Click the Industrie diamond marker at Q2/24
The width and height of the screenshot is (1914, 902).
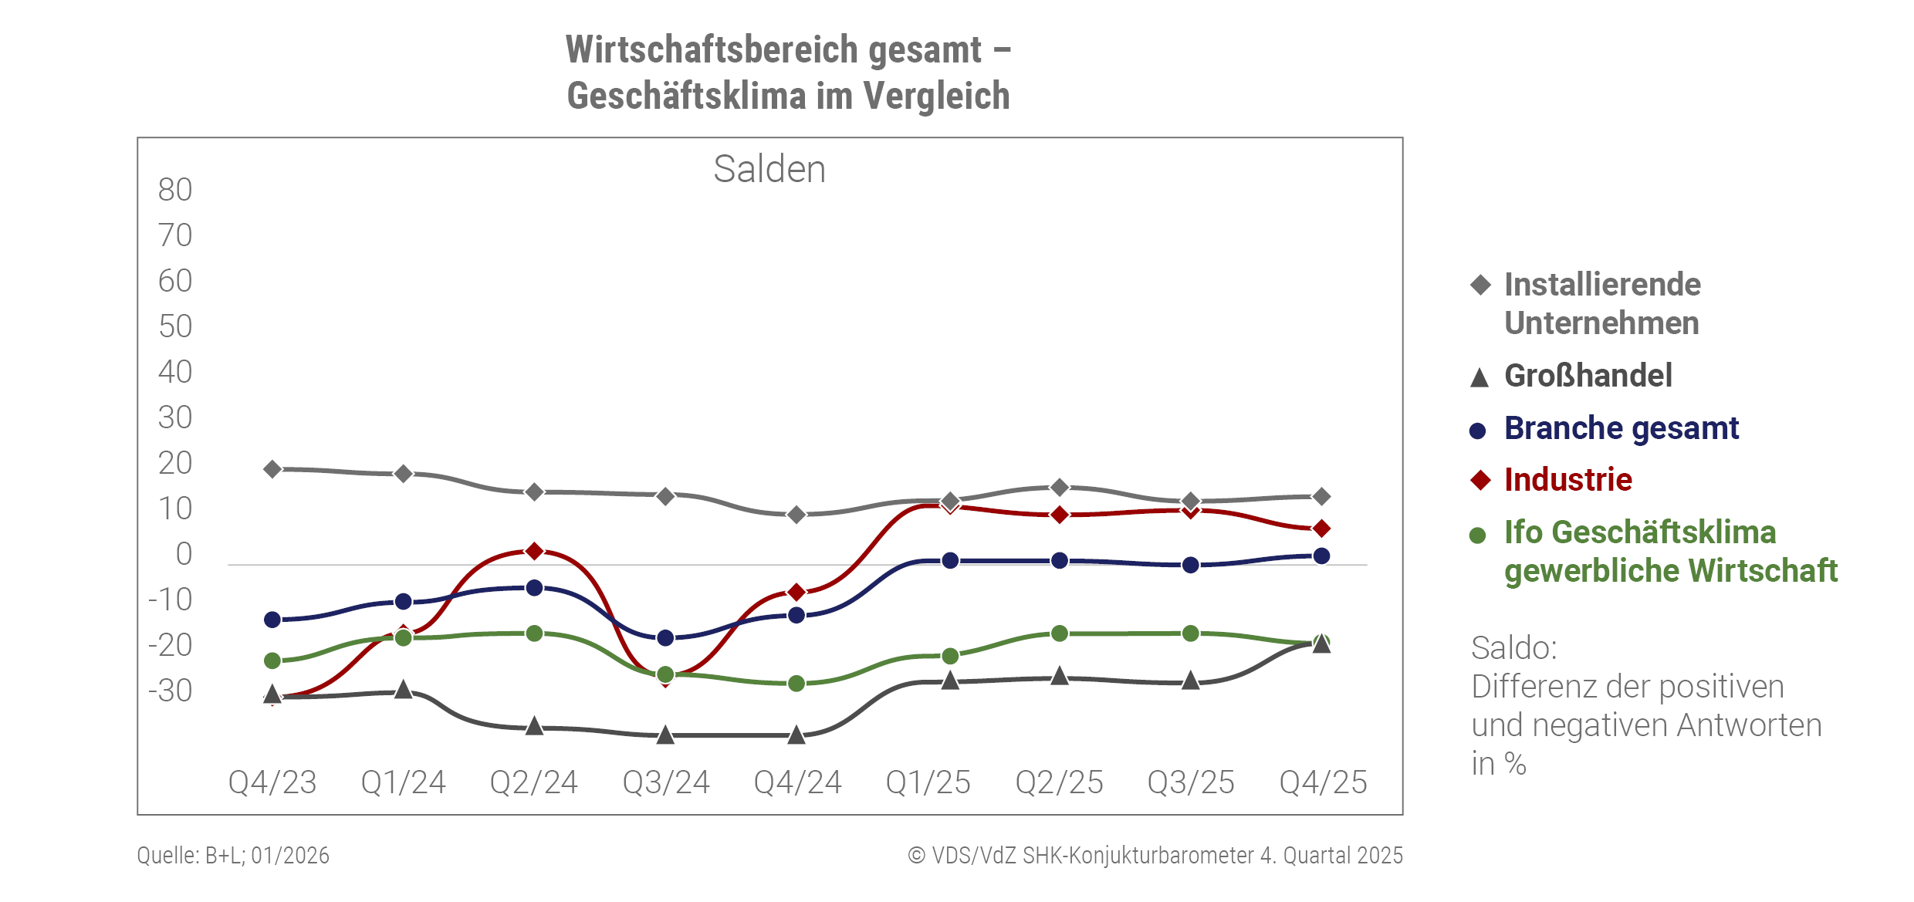coord(534,551)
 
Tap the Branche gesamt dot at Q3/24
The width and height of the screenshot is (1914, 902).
coord(665,638)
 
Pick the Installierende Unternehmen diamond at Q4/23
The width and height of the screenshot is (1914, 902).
coord(272,469)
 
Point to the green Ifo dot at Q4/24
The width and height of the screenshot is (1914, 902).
coord(796,684)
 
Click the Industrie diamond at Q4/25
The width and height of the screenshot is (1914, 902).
coord(1321,529)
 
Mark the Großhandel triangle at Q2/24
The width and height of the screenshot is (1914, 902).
coord(534,726)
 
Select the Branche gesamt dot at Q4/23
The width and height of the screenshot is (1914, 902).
coord(272,620)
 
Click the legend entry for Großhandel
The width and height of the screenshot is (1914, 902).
coord(1588,376)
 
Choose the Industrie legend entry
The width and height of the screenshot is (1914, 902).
coord(1567,480)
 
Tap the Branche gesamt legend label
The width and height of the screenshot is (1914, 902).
coord(1621,428)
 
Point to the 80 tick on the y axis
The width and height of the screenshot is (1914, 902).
coord(175,190)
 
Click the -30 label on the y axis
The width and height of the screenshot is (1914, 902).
coord(171,691)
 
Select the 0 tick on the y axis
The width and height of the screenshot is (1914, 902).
coord(184,554)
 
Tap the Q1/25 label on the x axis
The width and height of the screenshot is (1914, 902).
coord(928,782)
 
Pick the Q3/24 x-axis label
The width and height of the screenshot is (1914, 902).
coord(666,782)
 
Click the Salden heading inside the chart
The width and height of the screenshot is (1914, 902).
coord(769,169)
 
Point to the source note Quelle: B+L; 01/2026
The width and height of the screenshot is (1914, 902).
coord(233,856)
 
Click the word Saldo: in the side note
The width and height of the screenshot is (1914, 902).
coord(1513,648)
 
